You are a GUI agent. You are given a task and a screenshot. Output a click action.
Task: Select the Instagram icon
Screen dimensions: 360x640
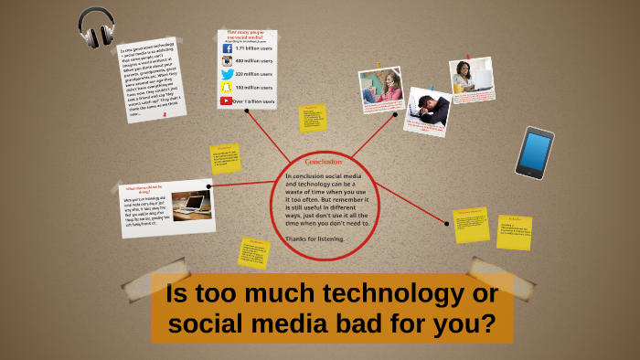coord(227,60)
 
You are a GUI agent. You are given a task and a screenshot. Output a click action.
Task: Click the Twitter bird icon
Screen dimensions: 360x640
coord(227,74)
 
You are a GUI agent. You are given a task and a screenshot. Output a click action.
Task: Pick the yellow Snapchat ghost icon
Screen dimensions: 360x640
coord(227,88)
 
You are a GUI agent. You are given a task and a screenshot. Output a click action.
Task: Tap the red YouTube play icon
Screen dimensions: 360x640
coord(226,101)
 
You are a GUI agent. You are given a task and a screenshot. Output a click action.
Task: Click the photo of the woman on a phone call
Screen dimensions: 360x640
coord(381,88)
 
